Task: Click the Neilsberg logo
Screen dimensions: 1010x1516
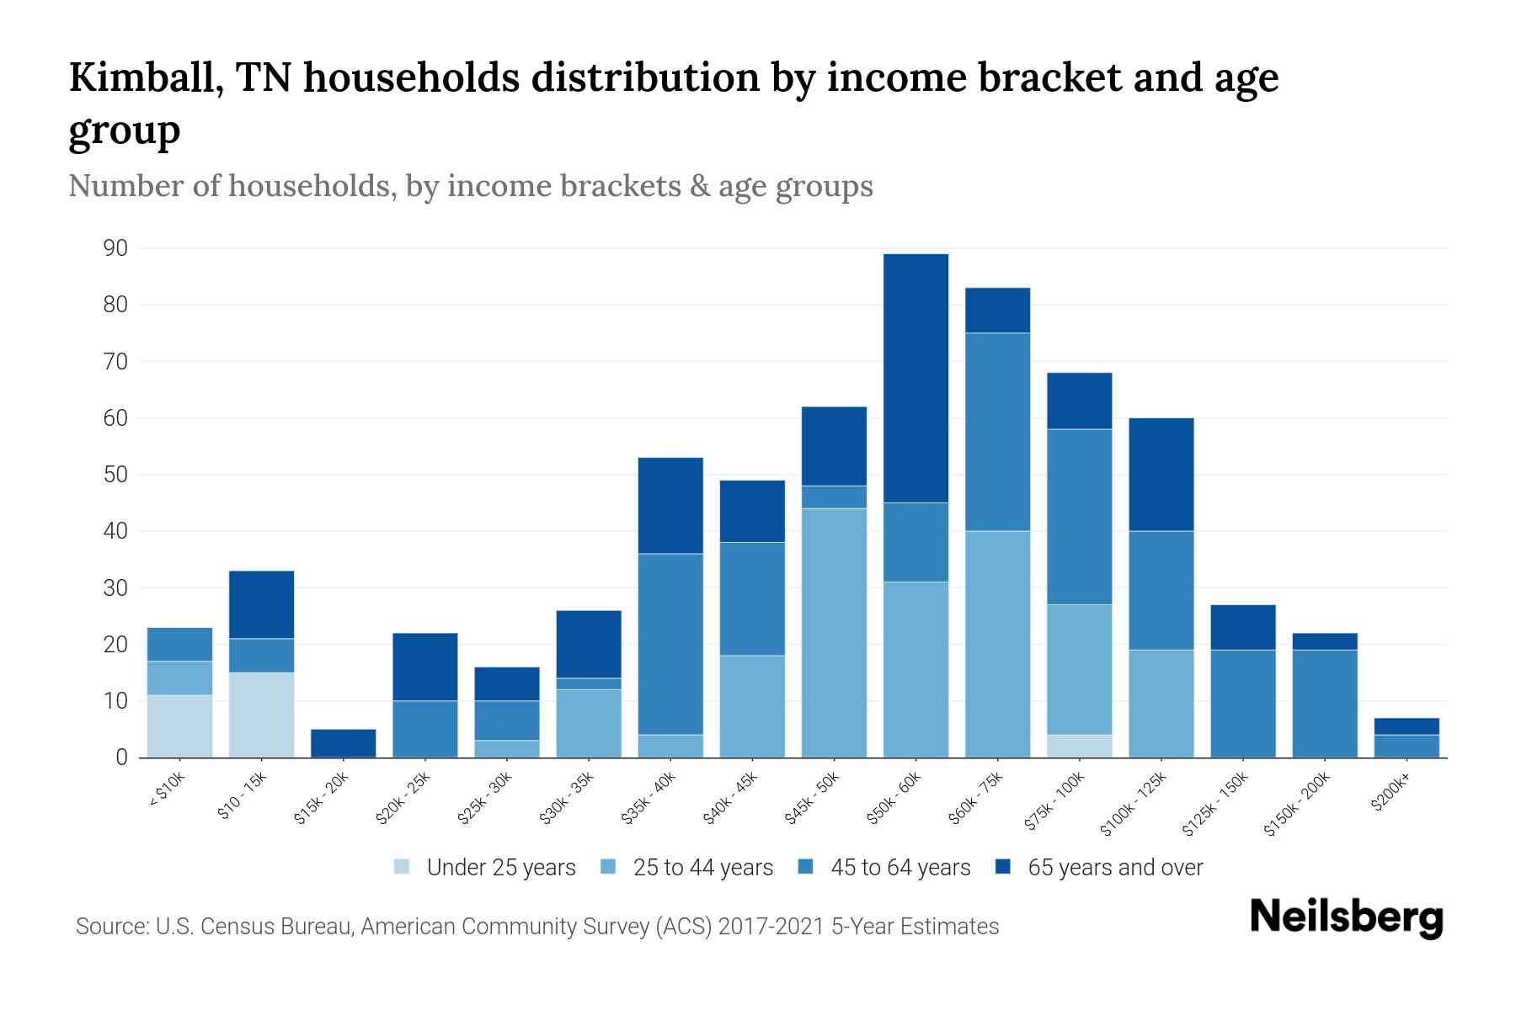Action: pyautogui.click(x=1346, y=918)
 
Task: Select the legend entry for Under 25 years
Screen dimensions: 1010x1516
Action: pyautogui.click(x=485, y=868)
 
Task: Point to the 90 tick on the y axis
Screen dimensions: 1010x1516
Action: pyautogui.click(x=115, y=248)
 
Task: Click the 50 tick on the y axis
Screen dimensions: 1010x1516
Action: pyautogui.click(x=115, y=475)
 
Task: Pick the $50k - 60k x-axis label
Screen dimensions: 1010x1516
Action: pyautogui.click(x=896, y=797)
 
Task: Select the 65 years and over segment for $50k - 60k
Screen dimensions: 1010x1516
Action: pyautogui.click(x=915, y=378)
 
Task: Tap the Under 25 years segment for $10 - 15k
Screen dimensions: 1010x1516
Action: pyautogui.click(x=261, y=715)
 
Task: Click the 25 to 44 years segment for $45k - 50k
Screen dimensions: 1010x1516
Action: pyautogui.click(x=834, y=633)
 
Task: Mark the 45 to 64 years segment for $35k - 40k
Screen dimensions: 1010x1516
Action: pyautogui.click(x=670, y=644)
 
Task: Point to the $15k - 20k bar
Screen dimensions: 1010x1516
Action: pyautogui.click(x=343, y=742)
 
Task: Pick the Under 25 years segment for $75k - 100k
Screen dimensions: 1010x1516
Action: pyautogui.click(x=1079, y=746)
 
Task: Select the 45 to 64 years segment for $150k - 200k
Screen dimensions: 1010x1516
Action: pyautogui.click(x=1324, y=704)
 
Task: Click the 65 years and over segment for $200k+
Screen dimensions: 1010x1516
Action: pyautogui.click(x=1406, y=726)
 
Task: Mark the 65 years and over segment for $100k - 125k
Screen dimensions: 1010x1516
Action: pyautogui.click(x=1161, y=474)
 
